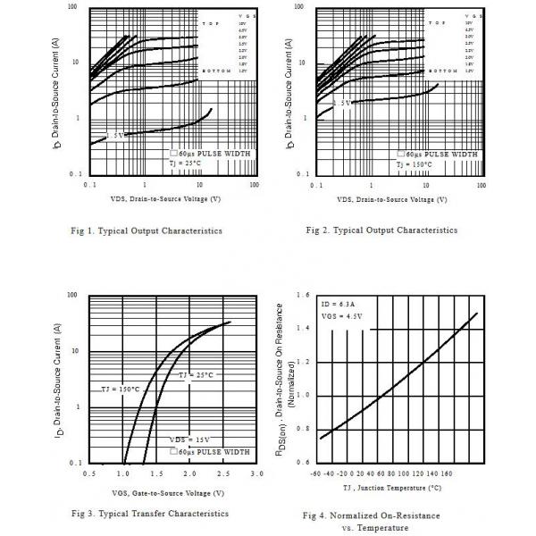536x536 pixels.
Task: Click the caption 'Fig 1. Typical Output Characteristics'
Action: pyautogui.click(x=146, y=230)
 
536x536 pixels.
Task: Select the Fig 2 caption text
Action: pyautogui.click(x=381, y=230)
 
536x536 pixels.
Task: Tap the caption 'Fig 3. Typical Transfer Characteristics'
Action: pyautogui.click(x=149, y=514)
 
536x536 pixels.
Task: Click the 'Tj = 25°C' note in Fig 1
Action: pyautogui.click(x=187, y=163)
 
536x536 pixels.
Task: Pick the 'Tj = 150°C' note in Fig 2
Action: pyautogui.click(x=420, y=163)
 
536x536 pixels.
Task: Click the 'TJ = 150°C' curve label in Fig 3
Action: pyautogui.click(x=118, y=389)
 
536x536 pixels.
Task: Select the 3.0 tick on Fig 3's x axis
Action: pyautogui.click(x=257, y=473)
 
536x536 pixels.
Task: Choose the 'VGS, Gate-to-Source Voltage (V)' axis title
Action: pyautogui.click(x=167, y=493)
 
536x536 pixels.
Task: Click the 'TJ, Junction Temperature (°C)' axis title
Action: pyautogui.click(x=391, y=489)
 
